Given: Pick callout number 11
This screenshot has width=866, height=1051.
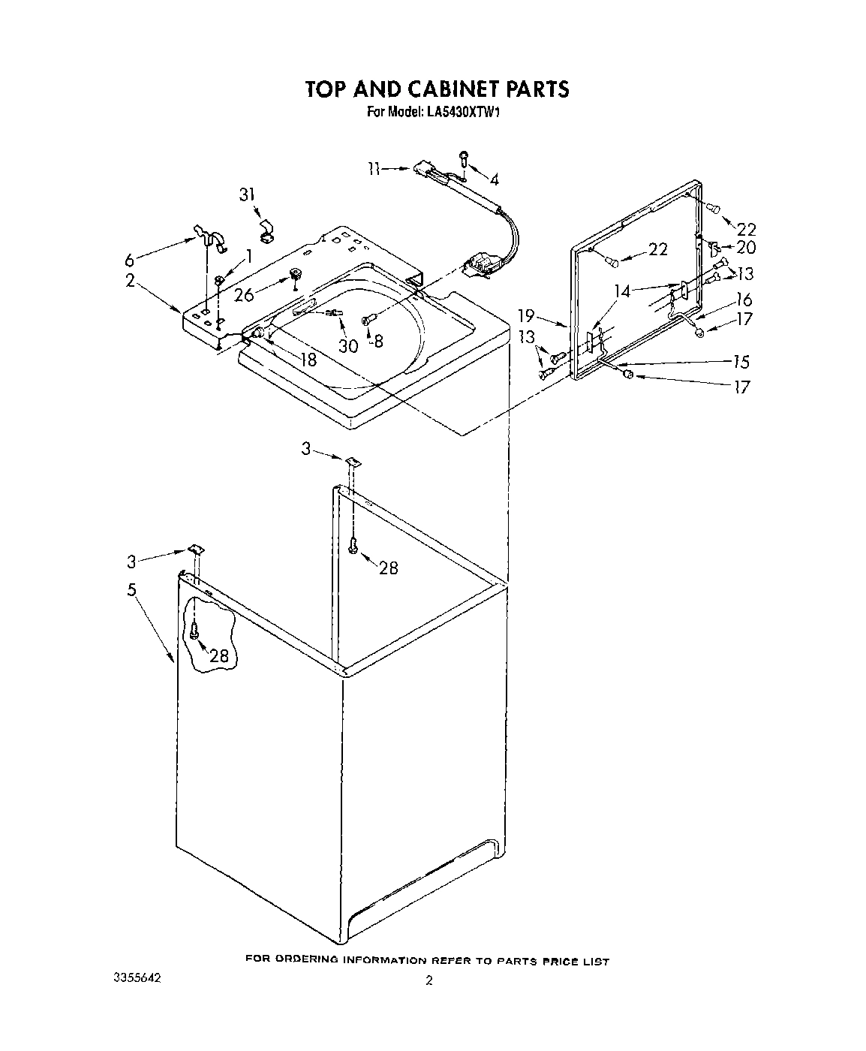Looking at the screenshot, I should coord(375,168).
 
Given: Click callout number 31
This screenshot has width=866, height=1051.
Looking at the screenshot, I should coord(246,194).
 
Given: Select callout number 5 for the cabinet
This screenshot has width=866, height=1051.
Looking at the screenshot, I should coord(132,589).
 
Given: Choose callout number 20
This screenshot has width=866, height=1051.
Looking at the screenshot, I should coord(746,247).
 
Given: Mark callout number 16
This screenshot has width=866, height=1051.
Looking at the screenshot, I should coord(743,300).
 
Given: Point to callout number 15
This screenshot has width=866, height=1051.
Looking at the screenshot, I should coord(741,362).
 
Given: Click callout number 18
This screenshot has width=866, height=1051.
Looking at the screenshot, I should coord(308,359).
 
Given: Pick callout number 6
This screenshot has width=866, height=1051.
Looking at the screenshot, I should coord(131,260).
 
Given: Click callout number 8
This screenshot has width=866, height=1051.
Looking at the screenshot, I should coord(378,340).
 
